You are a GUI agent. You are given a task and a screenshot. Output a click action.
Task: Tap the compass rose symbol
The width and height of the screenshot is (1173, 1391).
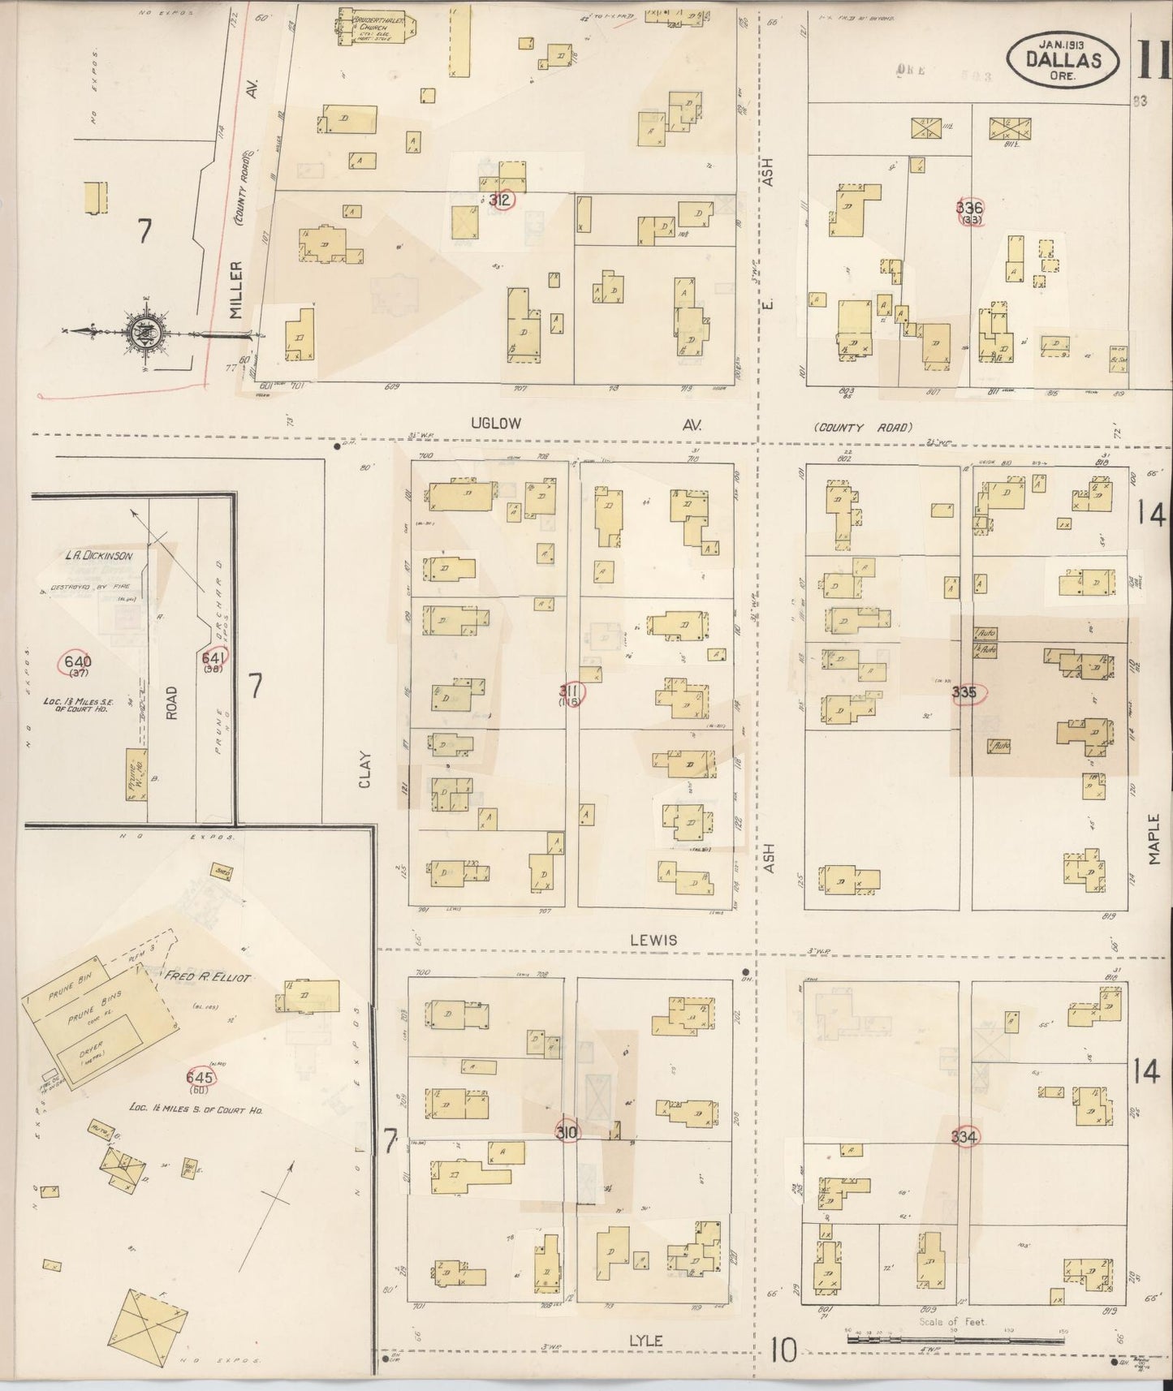coord(145,333)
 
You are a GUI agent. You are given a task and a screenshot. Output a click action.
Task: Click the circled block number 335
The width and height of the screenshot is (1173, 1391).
coord(966,694)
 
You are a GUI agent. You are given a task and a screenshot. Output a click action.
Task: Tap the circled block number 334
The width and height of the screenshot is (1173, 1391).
coord(964,1137)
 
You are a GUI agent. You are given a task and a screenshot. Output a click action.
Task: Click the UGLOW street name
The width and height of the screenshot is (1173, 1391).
coord(494,424)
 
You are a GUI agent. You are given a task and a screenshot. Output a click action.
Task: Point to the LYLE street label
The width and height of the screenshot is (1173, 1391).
coord(645,1341)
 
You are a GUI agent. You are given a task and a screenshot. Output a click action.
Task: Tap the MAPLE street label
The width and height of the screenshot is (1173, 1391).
coord(1154,840)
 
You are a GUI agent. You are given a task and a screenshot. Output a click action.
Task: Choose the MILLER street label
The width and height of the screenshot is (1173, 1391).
coord(237,289)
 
